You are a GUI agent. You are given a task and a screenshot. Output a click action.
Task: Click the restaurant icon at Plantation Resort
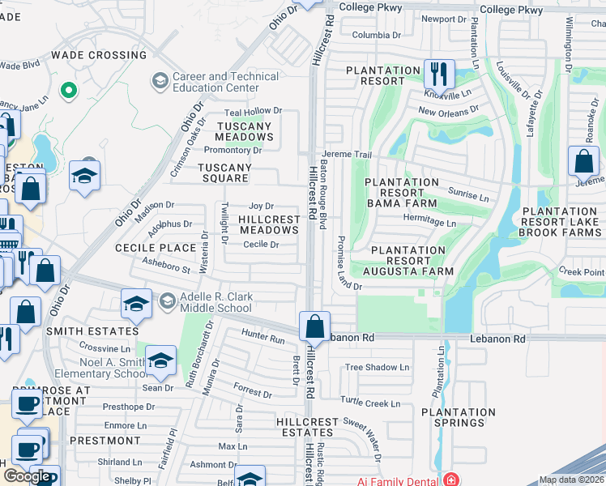point(438,74)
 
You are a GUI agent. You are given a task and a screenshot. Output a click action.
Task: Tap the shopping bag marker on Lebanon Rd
point(314,326)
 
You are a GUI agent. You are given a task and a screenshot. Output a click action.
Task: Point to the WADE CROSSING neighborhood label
point(99,55)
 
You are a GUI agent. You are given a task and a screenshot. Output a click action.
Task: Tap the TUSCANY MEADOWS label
point(244,131)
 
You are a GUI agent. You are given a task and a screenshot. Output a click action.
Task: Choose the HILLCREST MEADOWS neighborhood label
point(269,225)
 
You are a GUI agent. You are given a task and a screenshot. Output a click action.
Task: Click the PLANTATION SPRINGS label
point(458,418)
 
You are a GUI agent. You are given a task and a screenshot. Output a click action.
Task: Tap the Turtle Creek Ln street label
point(370,403)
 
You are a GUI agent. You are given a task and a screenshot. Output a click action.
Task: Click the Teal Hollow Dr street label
point(253,111)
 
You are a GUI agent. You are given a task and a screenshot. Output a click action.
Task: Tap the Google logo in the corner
point(26,476)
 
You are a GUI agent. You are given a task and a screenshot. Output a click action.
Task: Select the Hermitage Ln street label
point(429,221)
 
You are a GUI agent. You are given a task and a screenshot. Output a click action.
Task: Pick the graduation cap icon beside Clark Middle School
point(135,305)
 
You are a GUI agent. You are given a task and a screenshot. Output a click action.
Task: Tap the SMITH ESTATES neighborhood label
point(92,331)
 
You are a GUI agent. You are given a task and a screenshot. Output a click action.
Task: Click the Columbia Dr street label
point(376,36)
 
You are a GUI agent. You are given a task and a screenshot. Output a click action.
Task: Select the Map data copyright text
point(571,480)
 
